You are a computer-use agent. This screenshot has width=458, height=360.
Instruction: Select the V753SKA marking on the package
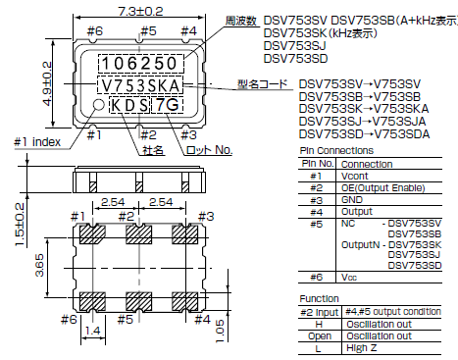(x=140, y=84)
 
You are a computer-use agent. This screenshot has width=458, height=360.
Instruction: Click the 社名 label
(x=151, y=150)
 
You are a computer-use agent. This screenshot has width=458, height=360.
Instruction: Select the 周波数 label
(x=240, y=21)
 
